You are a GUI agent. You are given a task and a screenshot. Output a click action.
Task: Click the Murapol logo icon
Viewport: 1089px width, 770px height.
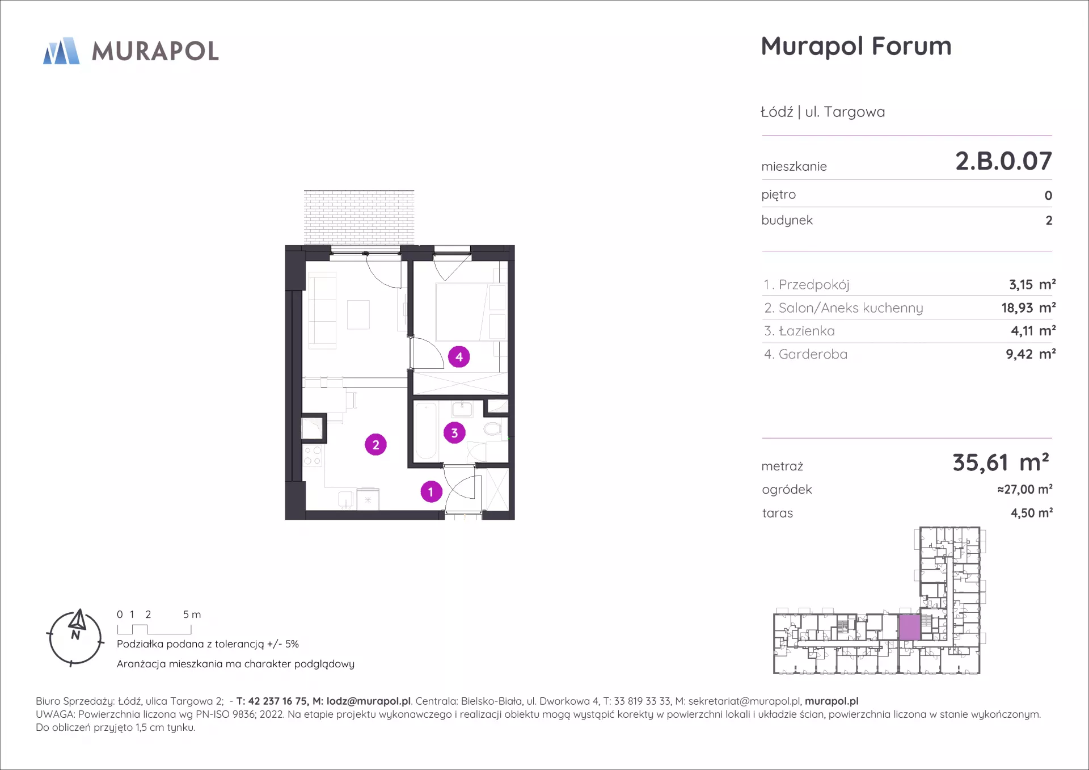pyautogui.click(x=62, y=51)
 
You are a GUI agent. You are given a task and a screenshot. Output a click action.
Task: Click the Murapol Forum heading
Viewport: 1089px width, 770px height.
pyautogui.click(x=856, y=47)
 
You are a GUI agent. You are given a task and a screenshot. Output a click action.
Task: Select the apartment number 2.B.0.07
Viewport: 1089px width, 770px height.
pyautogui.click(x=1003, y=161)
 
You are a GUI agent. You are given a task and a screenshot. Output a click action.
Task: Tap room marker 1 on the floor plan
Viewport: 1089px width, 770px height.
pyautogui.click(x=431, y=491)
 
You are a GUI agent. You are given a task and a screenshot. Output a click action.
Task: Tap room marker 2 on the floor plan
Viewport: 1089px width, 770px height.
pyautogui.click(x=375, y=445)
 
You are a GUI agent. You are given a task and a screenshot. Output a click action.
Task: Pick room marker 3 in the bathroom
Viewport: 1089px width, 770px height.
pyautogui.click(x=454, y=433)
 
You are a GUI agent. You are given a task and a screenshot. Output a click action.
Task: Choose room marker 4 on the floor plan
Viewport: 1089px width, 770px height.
pyautogui.click(x=459, y=357)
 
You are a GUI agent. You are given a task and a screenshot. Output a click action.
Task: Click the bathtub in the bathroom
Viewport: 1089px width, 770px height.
pyautogui.click(x=425, y=431)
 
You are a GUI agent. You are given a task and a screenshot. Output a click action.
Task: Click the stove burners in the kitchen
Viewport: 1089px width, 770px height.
pyautogui.click(x=313, y=456)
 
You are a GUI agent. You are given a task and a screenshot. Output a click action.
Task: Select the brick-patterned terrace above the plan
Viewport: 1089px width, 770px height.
pyautogui.click(x=359, y=217)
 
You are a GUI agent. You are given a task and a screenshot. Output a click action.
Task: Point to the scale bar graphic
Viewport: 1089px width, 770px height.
pyautogui.click(x=154, y=629)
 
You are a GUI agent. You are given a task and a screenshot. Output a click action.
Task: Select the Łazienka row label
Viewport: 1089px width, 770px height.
pyautogui.click(x=799, y=331)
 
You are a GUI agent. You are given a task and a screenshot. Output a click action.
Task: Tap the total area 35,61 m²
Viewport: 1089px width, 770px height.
pyautogui.click(x=1001, y=462)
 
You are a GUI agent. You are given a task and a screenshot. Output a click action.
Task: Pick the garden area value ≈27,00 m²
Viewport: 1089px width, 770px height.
pyautogui.click(x=1025, y=489)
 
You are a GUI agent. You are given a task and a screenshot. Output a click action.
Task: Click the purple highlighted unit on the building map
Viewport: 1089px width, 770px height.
pyautogui.click(x=909, y=628)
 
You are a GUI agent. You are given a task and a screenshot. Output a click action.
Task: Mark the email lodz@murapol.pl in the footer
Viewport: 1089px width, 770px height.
pyautogui.click(x=369, y=701)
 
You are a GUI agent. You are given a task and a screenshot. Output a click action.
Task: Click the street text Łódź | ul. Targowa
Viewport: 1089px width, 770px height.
pyautogui.click(x=822, y=112)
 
